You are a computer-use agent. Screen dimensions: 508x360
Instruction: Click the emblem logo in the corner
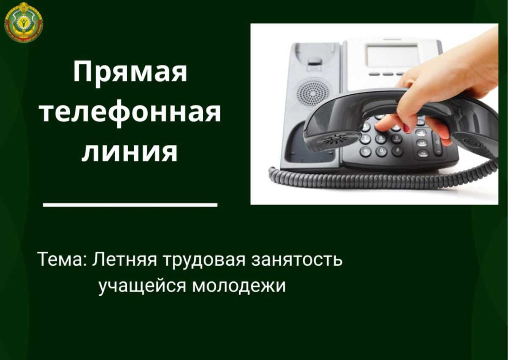pos(24,22)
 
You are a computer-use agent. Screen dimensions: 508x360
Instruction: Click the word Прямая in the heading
pos(130,73)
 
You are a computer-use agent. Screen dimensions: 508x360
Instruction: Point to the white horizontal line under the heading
pos(130,205)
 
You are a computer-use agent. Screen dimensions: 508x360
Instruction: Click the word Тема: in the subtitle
pos(64,259)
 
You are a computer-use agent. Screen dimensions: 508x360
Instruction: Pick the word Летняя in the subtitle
pos(124,259)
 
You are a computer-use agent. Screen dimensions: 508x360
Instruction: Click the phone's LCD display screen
pos(392,55)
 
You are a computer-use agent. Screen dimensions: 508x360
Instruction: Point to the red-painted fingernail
pos(407,128)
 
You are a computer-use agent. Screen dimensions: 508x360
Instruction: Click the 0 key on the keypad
pos(381,151)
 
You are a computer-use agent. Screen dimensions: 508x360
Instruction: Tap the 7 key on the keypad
pos(365,139)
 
